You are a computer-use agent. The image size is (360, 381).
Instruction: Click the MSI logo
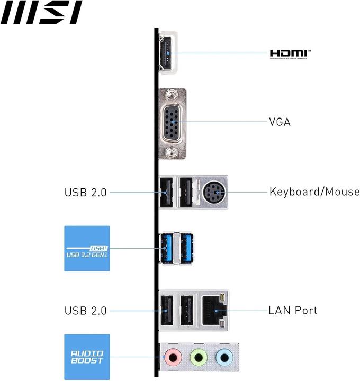click(41, 13)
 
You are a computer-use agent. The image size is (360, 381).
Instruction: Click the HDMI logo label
click(290, 53)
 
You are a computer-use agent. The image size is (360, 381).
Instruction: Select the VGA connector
click(173, 123)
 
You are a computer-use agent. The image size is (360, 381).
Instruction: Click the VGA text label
click(280, 122)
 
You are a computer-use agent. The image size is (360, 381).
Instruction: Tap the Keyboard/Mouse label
click(314, 192)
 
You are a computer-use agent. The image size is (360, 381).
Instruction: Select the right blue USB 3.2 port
click(186, 247)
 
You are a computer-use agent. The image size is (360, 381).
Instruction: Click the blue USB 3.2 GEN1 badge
click(87, 249)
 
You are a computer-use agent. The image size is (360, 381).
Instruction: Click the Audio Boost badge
click(87, 357)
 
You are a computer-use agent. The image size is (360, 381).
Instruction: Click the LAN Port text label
click(293, 310)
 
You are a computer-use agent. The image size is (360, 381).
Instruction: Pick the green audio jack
click(198, 358)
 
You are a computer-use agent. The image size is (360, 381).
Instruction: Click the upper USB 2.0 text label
click(85, 193)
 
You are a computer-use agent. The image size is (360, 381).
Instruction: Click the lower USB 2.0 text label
click(85, 311)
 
